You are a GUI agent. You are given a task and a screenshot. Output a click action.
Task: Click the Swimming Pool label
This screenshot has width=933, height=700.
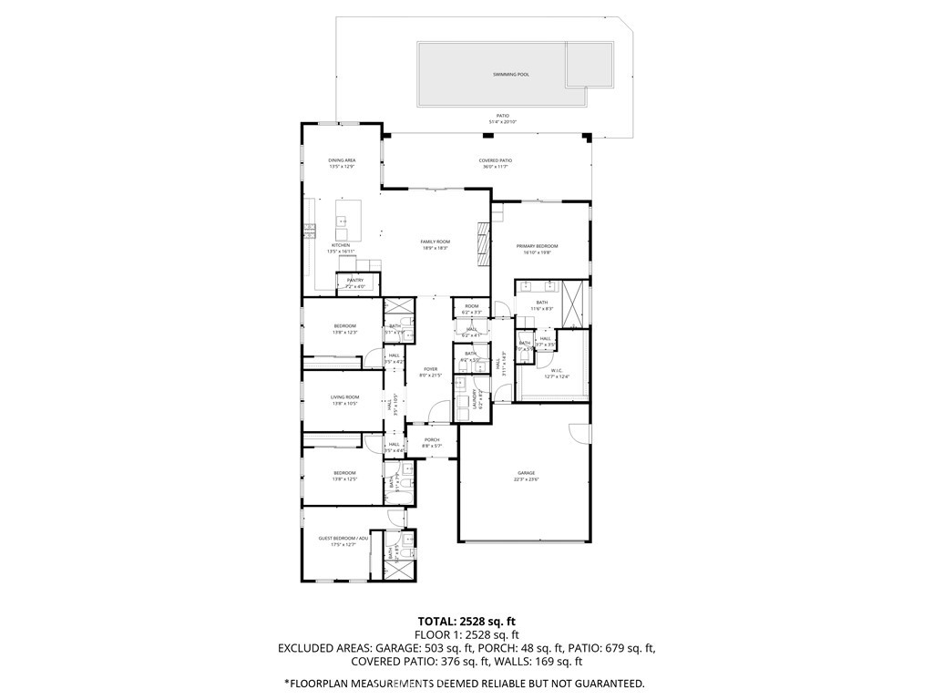(511, 74)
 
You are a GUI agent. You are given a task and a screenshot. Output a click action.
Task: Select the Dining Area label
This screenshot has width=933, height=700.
(342, 160)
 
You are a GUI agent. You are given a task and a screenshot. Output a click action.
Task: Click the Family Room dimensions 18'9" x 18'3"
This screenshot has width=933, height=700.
(435, 248)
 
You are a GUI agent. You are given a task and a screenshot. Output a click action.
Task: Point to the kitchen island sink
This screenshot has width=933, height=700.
(343, 221)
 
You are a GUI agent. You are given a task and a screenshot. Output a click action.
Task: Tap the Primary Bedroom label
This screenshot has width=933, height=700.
(537, 246)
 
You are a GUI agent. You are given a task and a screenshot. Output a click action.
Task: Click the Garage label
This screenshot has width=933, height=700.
(526, 473)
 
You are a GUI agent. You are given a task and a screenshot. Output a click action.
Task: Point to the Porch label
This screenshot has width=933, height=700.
(432, 439)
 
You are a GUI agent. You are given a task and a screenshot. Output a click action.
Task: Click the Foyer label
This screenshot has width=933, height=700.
(430, 369)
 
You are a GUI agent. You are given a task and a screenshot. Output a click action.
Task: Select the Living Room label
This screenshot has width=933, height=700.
(344, 396)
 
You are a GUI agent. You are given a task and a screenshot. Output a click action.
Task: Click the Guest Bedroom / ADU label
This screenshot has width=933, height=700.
(343, 539)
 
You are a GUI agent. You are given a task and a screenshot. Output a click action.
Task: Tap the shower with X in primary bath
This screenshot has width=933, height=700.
(574, 303)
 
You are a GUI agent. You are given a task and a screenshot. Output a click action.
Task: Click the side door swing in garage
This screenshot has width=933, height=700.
(579, 436)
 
